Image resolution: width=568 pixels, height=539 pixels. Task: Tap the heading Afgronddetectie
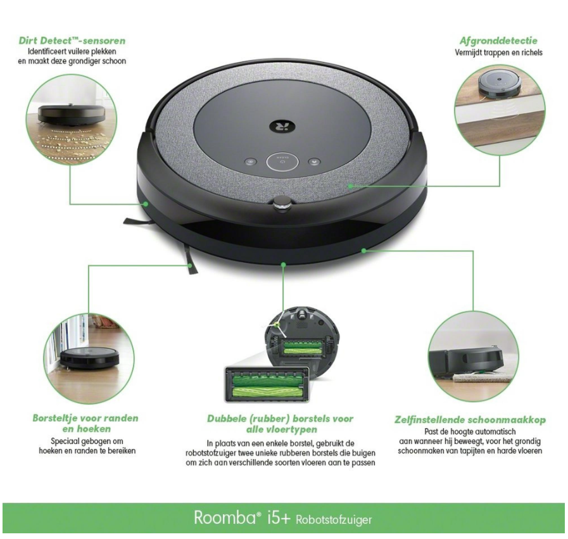pos(498,41)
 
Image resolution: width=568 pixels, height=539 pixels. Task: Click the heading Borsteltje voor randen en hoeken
pos(85,423)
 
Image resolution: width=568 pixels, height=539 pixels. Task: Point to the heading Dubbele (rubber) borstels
pos(280,423)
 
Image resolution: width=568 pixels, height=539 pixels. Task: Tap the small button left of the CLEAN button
pos(250,162)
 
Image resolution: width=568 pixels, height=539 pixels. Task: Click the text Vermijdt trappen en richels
pos(498,53)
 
